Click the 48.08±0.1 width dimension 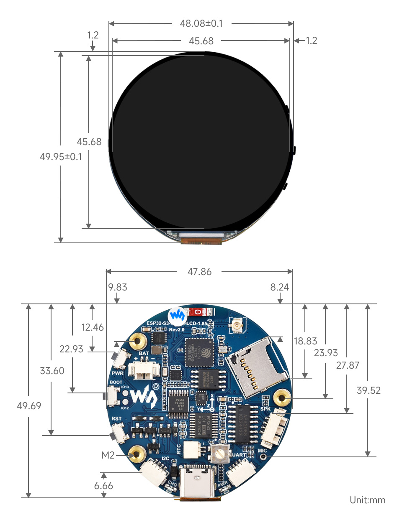point(201,23)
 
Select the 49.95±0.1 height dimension point(61,157)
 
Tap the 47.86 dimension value point(199,272)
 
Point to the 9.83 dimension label point(117,287)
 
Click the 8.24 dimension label point(279,287)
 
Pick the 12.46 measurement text point(92,327)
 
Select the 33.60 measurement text point(52,371)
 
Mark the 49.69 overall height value point(29,406)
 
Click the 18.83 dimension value point(305,341)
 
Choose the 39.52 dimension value point(368,390)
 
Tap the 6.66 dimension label point(103,486)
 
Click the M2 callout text point(108,455)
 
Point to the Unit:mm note point(367,500)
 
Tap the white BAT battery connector point(144,370)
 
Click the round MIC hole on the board point(263,457)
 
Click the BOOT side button point(112,395)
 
